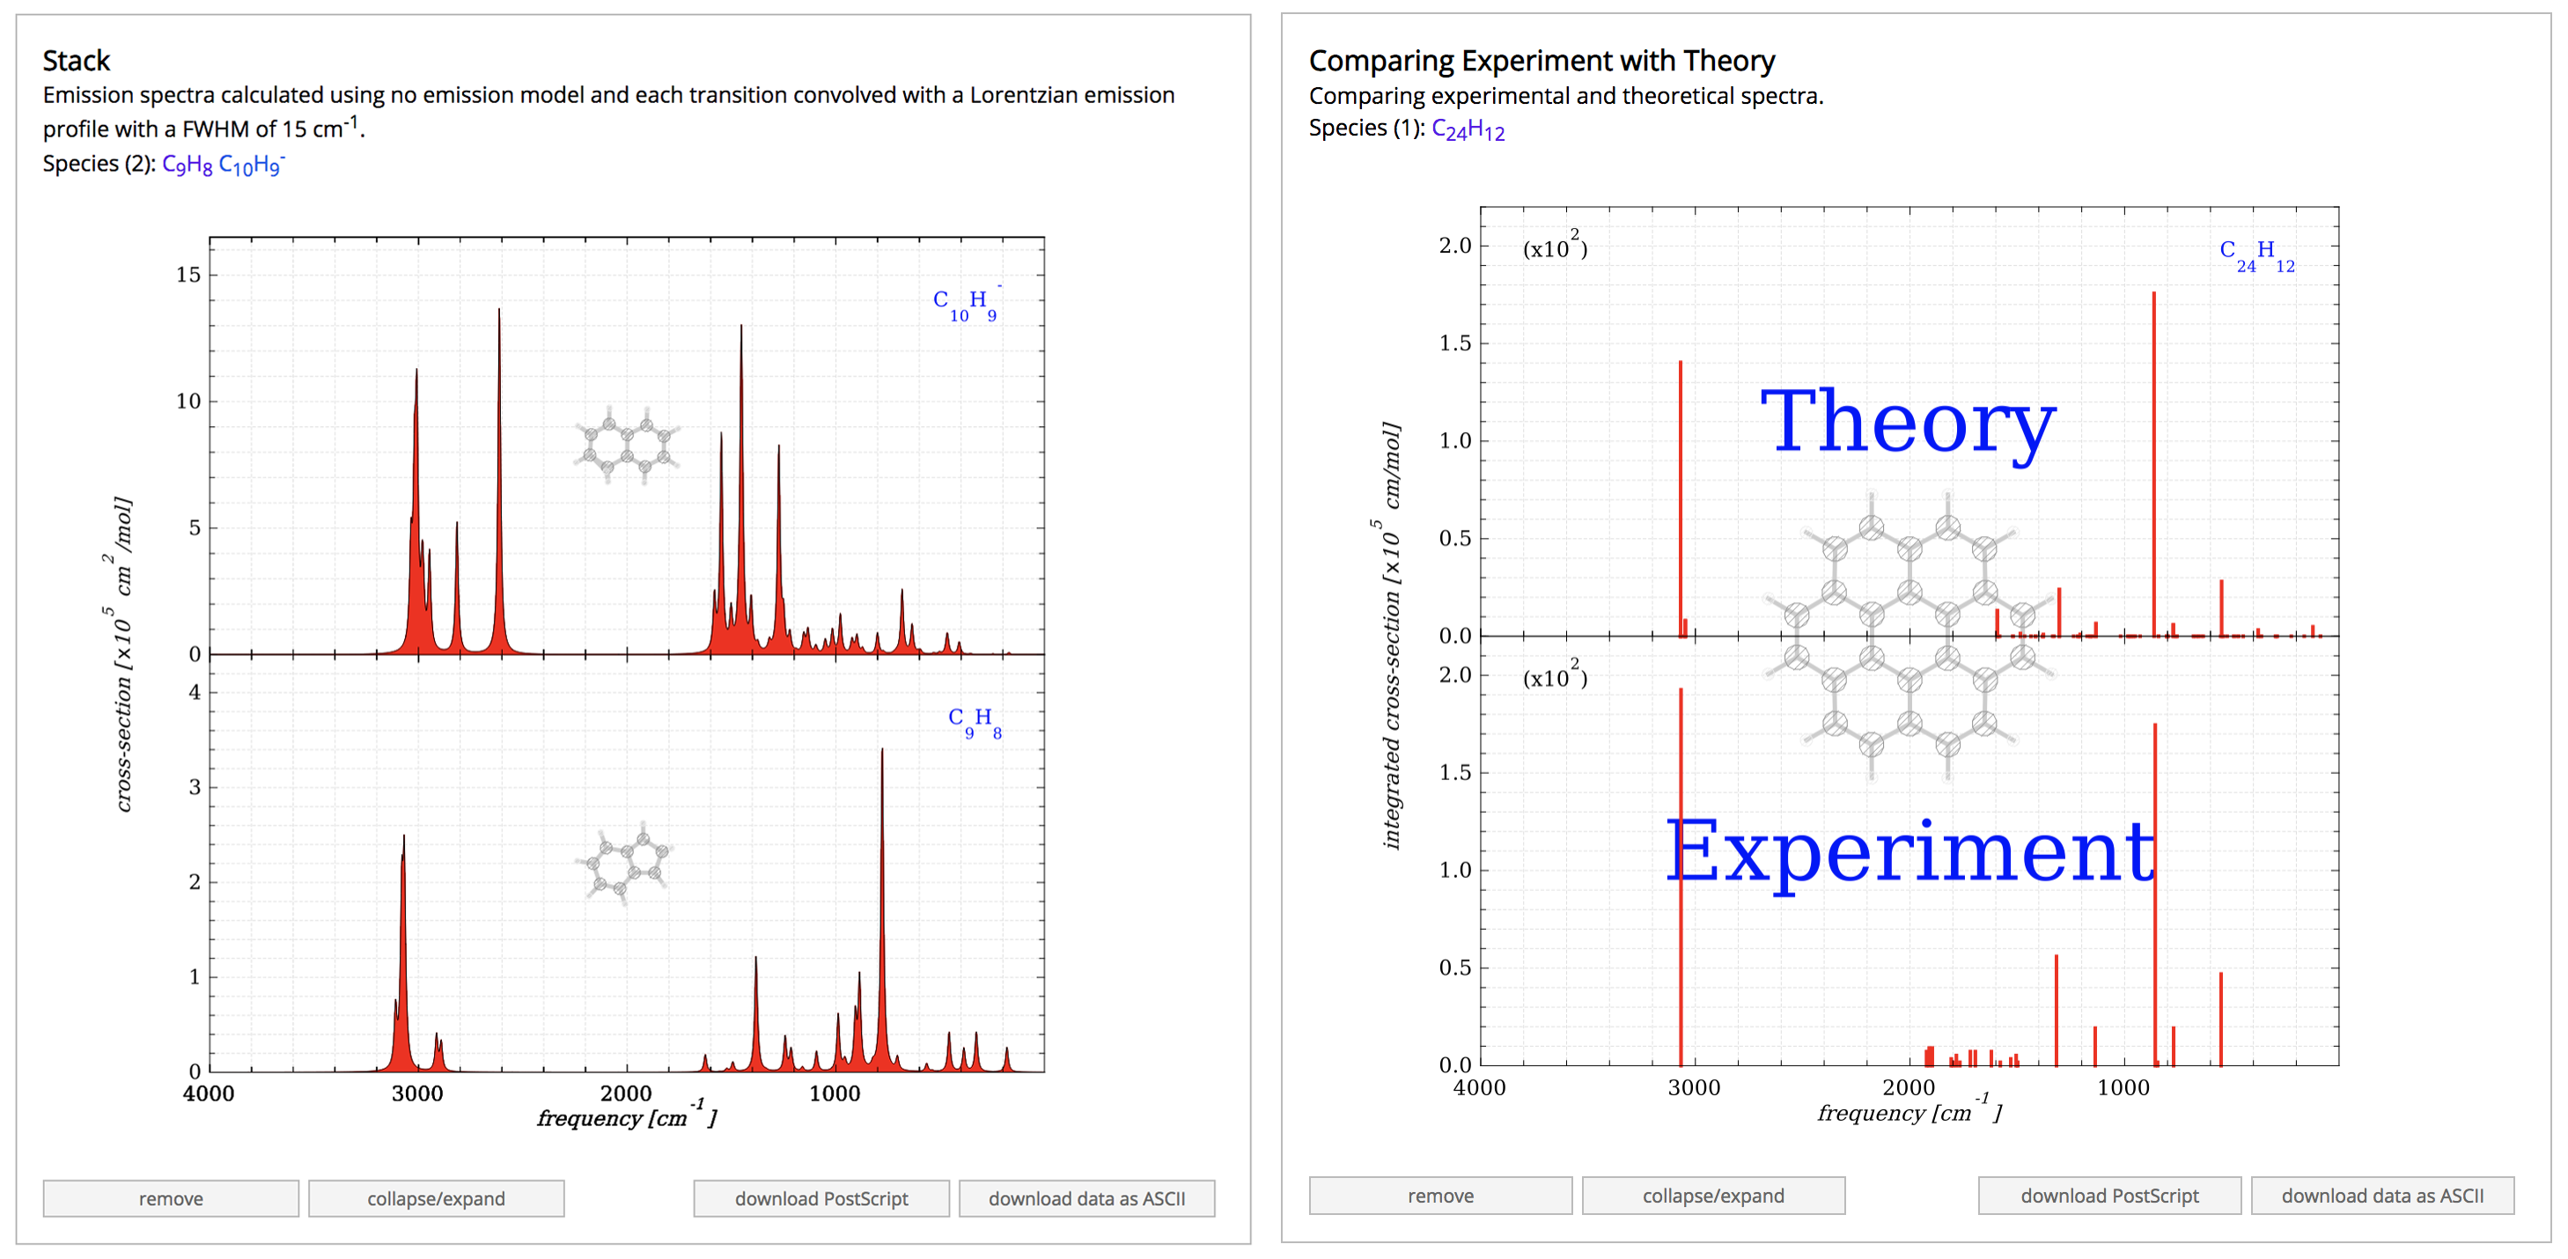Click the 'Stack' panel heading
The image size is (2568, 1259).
pos(76,61)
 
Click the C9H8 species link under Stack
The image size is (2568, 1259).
pos(187,165)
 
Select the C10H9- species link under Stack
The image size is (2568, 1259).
pos(250,165)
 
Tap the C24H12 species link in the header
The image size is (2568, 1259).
pos(1468,129)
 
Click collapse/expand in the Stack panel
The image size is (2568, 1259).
pos(436,1198)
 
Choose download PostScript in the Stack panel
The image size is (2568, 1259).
pos(820,1198)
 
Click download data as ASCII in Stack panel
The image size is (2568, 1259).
pos(1085,1198)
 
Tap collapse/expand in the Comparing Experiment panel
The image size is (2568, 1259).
pos(1712,1196)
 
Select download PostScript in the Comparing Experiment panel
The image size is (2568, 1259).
pos(2108,1196)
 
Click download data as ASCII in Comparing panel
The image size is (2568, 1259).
pos(2381,1196)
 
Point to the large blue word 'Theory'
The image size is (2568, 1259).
pos(1908,423)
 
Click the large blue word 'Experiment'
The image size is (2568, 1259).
pos(1910,852)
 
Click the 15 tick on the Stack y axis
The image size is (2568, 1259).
pos(188,275)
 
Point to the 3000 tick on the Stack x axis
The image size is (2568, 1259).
pos(416,1093)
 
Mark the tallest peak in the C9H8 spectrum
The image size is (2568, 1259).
pos(881,752)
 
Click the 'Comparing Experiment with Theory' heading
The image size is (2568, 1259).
pos(1542,61)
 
